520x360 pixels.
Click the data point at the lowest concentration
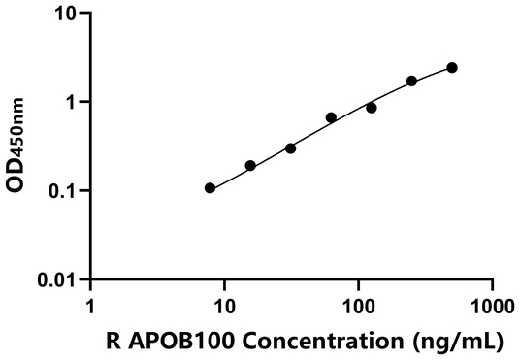211,187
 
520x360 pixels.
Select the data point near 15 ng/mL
250,166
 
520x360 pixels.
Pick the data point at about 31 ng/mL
291,148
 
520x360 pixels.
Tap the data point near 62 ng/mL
331,117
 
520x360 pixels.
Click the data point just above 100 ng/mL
372,108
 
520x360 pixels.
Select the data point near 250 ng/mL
411,81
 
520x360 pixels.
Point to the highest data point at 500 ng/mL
452,67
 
